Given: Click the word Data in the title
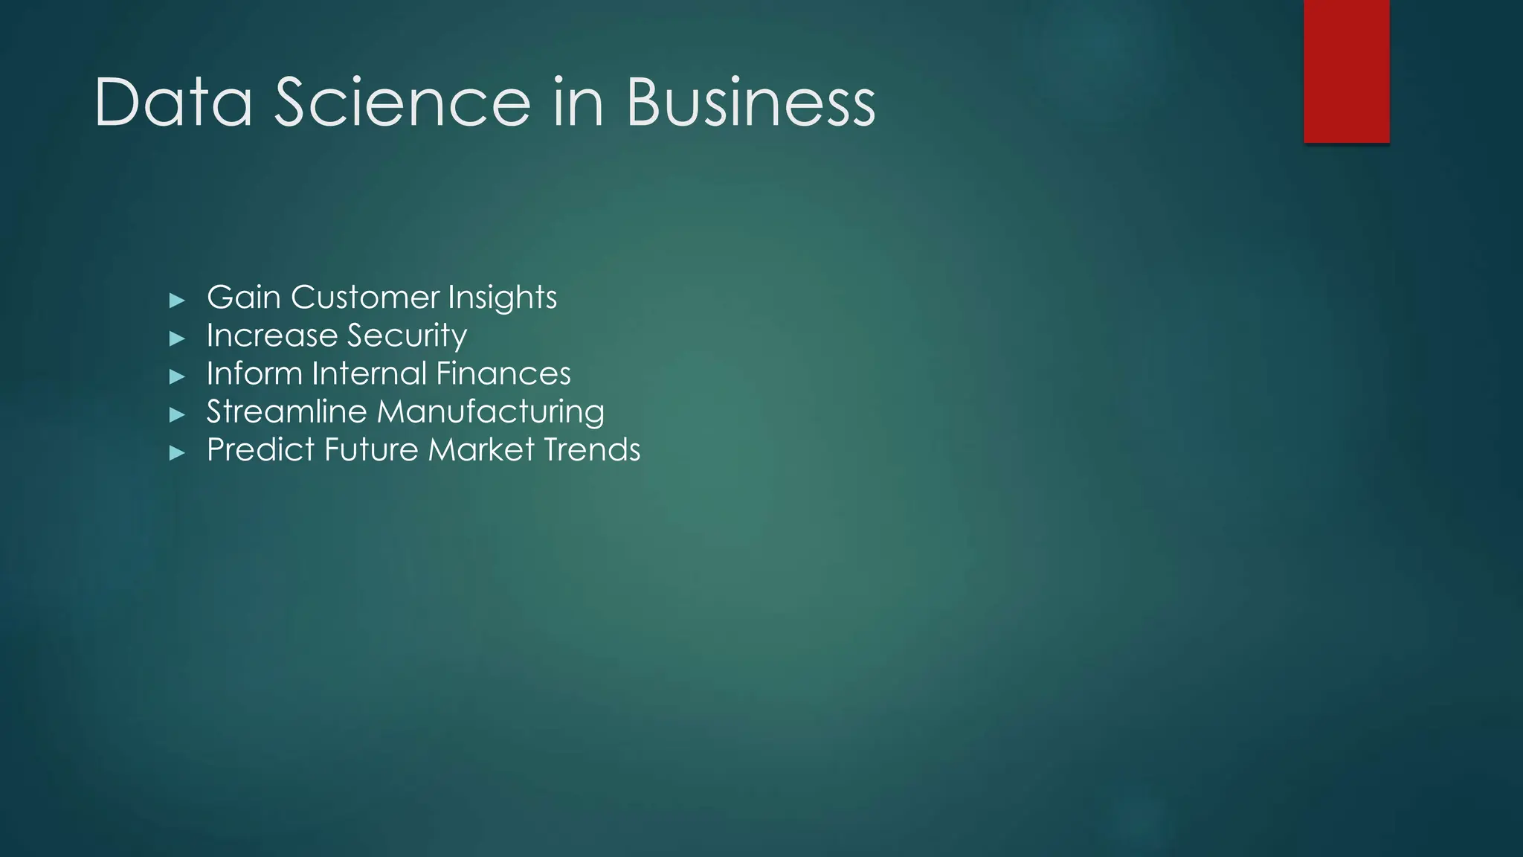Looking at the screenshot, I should click(x=173, y=103).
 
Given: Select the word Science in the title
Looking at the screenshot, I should click(x=402, y=103).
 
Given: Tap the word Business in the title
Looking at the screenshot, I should click(x=751, y=103).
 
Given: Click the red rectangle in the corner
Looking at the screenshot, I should click(x=1346, y=71).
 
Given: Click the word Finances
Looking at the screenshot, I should click(x=503, y=373).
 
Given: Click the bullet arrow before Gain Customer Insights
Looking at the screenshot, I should click(x=177, y=301).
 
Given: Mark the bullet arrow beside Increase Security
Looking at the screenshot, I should click(x=177, y=338).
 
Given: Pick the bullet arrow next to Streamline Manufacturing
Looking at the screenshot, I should click(x=177, y=414).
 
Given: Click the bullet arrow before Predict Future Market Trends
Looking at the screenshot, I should click(x=177, y=452).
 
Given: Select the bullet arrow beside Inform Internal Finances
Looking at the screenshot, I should click(x=177, y=376).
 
